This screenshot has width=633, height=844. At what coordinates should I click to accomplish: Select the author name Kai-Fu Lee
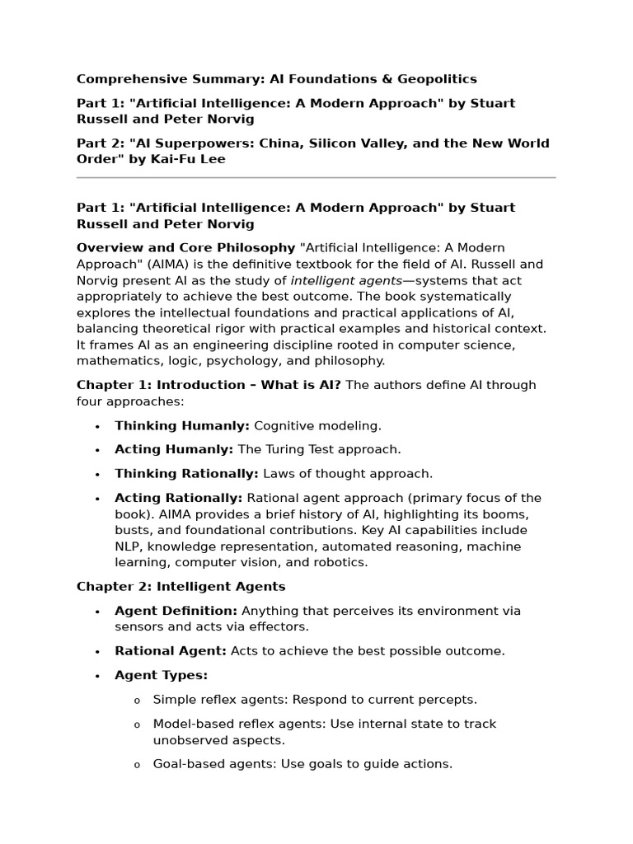click(x=187, y=159)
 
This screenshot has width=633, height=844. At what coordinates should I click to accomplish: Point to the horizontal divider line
click(x=316, y=177)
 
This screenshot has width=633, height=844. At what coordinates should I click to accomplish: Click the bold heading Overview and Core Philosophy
click(x=185, y=248)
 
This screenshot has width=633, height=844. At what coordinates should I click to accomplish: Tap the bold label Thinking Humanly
click(x=181, y=426)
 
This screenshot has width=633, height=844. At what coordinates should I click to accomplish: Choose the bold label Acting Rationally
click(x=178, y=498)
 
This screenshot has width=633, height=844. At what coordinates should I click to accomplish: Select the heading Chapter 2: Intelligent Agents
click(x=181, y=587)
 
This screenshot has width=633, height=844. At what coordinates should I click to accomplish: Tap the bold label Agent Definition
click(x=176, y=611)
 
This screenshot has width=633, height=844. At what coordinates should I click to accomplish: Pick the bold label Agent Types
click(x=161, y=675)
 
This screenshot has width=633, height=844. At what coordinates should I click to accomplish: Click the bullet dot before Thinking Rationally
click(x=97, y=475)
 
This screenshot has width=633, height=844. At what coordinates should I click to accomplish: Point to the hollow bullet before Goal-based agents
click(x=137, y=765)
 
